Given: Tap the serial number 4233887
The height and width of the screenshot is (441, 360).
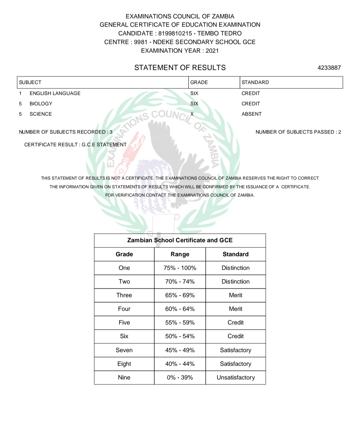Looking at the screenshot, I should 329,68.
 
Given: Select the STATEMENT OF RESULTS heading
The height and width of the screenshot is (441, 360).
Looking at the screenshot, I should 180,68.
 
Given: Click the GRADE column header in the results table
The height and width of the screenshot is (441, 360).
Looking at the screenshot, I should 199,82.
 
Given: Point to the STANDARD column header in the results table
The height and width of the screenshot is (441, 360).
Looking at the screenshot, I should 255,82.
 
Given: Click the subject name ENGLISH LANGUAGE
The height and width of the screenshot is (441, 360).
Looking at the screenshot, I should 55,93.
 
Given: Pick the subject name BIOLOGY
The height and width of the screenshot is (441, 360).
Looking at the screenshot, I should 41,104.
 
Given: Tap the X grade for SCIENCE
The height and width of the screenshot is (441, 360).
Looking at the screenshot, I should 192,114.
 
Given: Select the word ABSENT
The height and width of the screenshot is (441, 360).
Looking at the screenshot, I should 252,114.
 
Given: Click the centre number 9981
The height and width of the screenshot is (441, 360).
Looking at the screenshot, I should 141,42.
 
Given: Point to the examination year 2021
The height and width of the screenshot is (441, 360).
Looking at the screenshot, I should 212,51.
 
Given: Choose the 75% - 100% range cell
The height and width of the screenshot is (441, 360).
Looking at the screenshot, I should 180,268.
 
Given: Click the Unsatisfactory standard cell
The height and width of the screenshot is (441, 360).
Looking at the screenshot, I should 236,377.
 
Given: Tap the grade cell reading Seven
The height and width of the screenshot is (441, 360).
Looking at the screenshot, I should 124,350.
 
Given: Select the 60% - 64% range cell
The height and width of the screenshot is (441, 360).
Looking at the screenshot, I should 180,309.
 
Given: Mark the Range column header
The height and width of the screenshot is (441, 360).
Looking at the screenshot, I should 180,254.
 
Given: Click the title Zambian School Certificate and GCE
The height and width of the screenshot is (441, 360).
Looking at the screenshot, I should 180,240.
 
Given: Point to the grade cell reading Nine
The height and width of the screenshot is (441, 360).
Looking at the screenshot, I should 124,377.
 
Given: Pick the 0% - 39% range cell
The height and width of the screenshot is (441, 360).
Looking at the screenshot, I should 180,377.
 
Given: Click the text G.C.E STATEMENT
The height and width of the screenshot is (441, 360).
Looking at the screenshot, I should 104,145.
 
